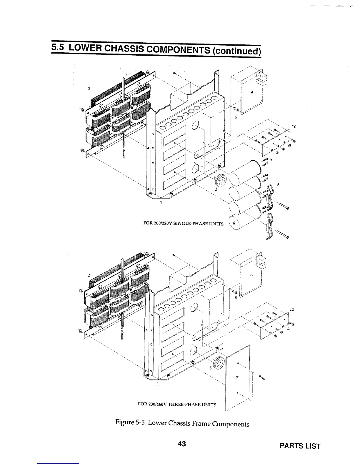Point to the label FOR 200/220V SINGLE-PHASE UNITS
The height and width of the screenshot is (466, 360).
coord(183,224)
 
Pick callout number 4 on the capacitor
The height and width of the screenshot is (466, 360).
coord(233,223)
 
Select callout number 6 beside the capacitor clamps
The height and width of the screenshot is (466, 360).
coord(278,184)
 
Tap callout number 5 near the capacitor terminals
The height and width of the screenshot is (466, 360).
coord(271,159)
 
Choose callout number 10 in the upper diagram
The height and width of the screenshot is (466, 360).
coord(293,127)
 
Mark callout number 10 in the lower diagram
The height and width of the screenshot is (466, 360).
coord(292,309)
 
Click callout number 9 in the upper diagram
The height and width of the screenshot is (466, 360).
coord(252,92)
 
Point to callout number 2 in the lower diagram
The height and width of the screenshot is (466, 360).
coord(89,275)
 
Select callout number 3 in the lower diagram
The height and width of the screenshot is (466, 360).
coord(211,368)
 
